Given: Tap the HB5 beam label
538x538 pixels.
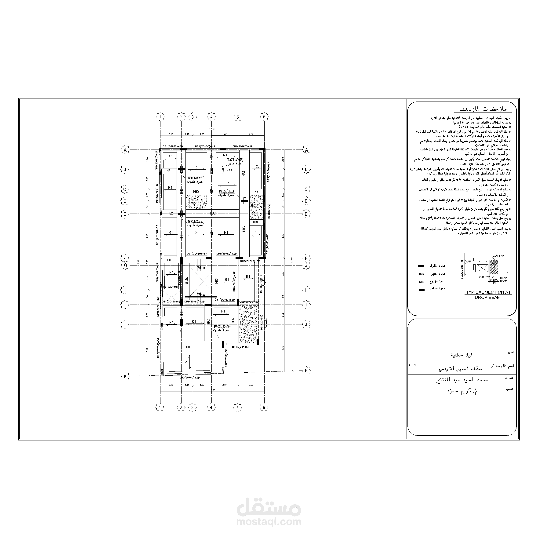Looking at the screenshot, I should click(196, 192).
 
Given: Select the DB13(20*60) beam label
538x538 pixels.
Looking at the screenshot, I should click(240, 347).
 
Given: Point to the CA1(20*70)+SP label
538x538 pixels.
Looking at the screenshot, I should click(249, 302).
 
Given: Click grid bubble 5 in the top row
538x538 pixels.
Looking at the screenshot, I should click(237, 117).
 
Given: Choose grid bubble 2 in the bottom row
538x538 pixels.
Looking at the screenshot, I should click(181, 408).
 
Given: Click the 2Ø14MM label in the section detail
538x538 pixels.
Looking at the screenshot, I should click(498, 256).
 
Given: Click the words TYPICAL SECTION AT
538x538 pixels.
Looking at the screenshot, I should click(488, 292).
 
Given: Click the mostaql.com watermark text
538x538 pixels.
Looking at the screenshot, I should click(269, 521).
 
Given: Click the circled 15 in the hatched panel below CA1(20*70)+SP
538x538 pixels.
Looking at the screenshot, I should click(244, 317).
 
